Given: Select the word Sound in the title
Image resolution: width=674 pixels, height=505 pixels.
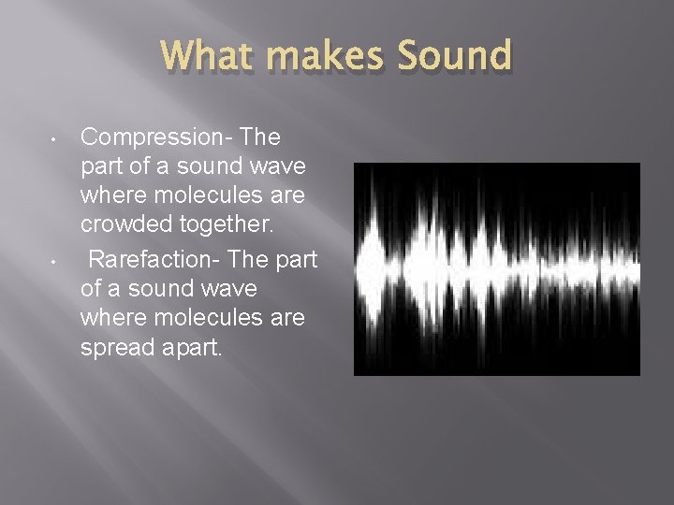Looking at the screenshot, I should coord(455,56).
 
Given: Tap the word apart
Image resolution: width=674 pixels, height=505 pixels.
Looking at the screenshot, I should coord(191,349).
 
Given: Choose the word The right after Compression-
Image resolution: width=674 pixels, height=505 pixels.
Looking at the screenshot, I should coord(260,137).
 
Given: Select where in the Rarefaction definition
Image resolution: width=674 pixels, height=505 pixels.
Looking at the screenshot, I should coord(111,319).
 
